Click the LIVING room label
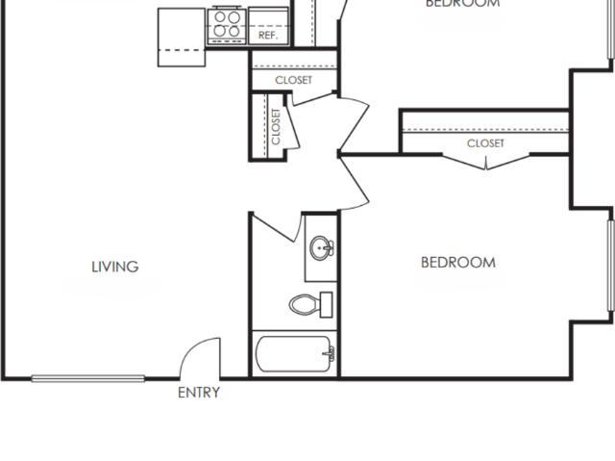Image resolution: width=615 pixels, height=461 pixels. (x=114, y=267)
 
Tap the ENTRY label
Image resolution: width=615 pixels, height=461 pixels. (x=199, y=393)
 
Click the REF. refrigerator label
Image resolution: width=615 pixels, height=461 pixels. (x=268, y=35)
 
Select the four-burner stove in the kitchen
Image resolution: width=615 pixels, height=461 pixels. (x=228, y=22)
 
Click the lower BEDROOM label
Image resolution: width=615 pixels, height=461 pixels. (x=458, y=262)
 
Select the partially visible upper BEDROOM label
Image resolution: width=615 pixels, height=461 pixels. (x=462, y=4)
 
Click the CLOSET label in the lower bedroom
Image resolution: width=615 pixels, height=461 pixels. (x=485, y=143)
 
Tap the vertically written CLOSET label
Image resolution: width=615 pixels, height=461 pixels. (x=276, y=126)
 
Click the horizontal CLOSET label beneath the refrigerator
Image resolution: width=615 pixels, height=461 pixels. (x=293, y=80)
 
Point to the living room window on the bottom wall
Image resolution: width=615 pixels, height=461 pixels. (x=88, y=378)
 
